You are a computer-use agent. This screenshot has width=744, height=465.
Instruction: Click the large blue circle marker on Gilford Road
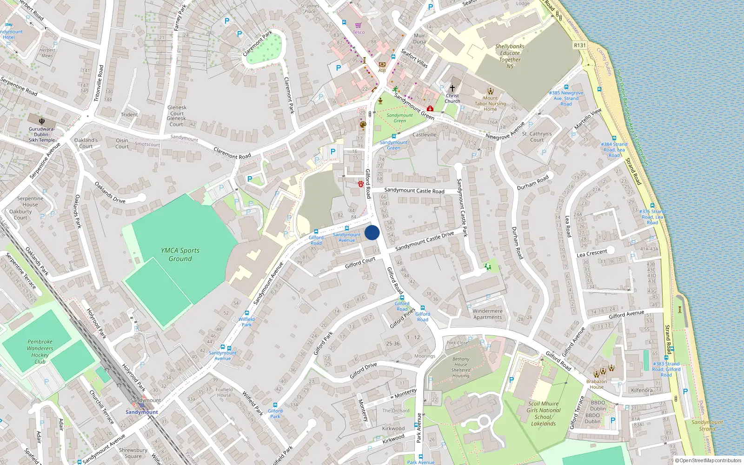[x=372, y=232]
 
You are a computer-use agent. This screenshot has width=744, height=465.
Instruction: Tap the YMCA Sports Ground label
[x=180, y=254]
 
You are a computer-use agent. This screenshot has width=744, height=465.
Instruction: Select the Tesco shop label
[x=359, y=32]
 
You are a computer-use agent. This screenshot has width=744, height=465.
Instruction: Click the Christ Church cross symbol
[x=452, y=88]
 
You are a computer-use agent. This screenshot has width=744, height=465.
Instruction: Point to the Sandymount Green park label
[x=399, y=118]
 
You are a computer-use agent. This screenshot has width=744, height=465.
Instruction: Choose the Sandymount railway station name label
[x=142, y=412]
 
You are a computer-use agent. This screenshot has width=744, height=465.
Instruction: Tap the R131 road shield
[x=580, y=45]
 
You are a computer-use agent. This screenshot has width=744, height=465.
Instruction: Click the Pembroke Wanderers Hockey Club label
[x=40, y=352]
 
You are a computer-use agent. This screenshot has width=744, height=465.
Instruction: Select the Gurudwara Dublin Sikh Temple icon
[x=42, y=121]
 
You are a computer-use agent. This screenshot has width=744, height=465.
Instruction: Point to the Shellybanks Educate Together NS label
[x=510, y=56]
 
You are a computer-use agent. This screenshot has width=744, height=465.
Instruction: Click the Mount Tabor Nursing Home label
[x=490, y=104]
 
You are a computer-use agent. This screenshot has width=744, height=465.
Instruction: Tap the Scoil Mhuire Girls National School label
[x=543, y=413]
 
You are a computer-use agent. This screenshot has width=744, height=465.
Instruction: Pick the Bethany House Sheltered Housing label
[x=460, y=367]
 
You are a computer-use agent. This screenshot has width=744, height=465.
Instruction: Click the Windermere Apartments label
[x=487, y=314]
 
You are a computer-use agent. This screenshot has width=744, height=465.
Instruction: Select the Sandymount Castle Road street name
[x=414, y=190]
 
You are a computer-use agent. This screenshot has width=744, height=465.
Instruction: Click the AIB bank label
[x=382, y=70]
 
